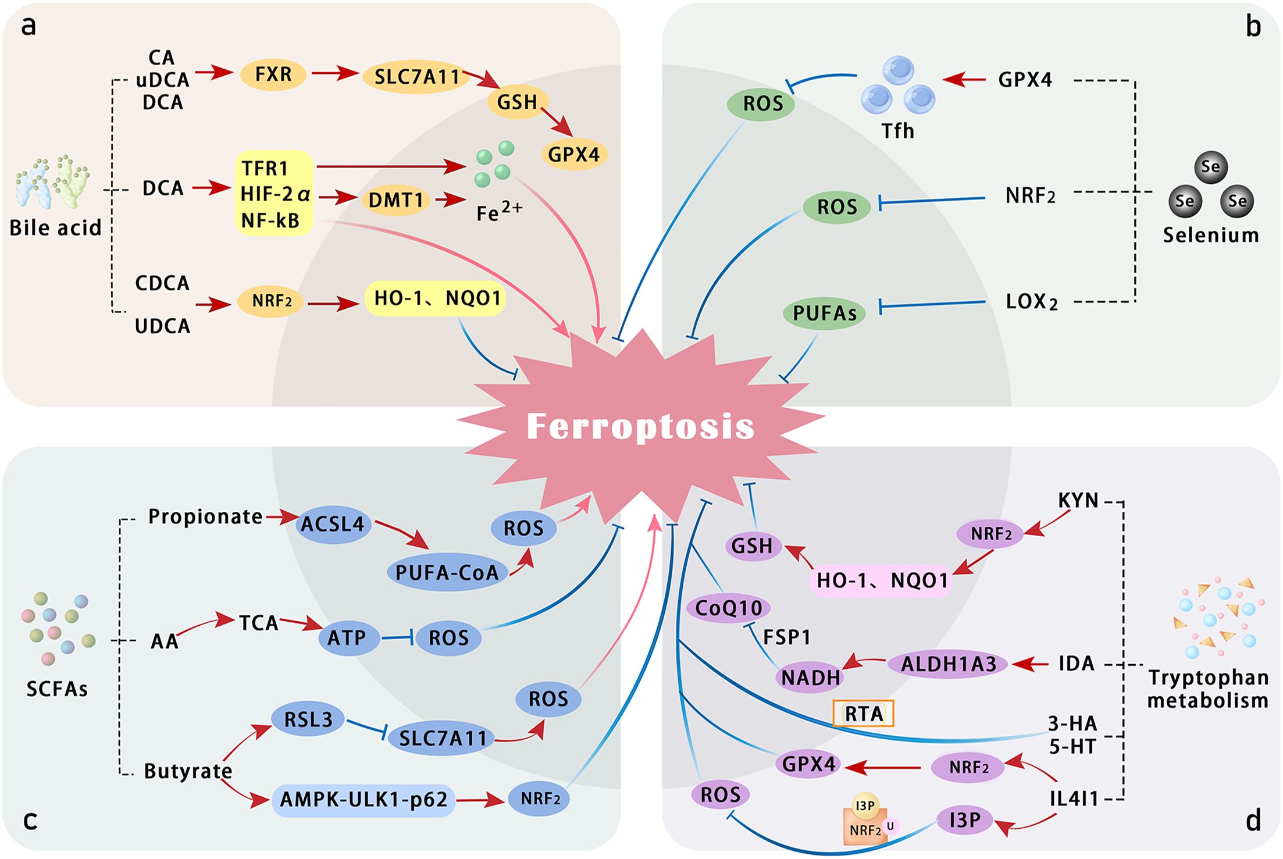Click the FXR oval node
click(273, 74)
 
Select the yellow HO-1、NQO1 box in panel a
click(436, 298)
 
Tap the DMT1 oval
click(395, 200)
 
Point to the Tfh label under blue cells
click(897, 131)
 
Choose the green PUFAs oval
click(825, 313)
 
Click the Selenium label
click(1210, 235)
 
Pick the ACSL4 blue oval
click(332, 524)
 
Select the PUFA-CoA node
click(447, 572)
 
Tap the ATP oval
click(347, 638)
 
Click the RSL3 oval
click(308, 720)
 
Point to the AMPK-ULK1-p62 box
click(363, 799)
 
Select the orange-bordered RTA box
click(864, 714)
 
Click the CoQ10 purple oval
click(728, 608)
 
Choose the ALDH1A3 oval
click(949, 664)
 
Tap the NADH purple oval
click(811, 678)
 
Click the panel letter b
click(1253, 27)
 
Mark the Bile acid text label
click(55, 227)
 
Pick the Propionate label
click(205, 516)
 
